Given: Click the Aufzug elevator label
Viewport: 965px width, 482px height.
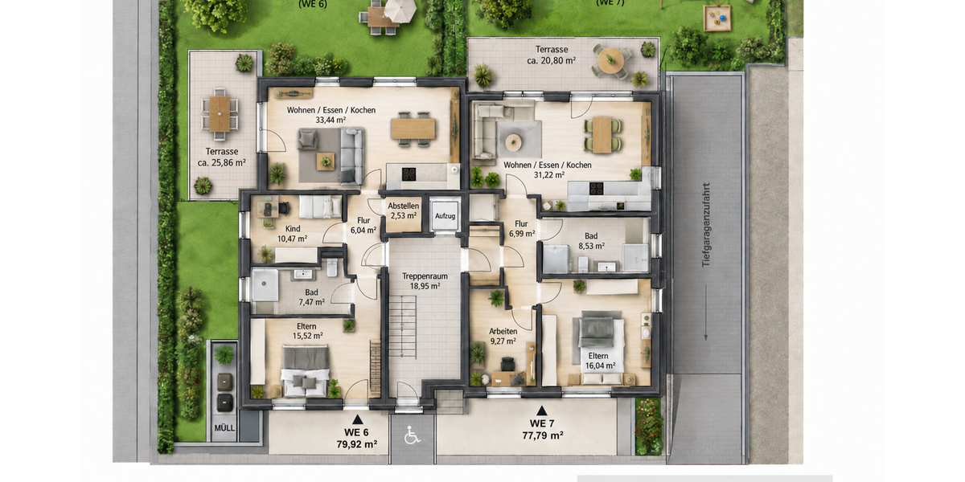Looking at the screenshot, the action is coord(445,216).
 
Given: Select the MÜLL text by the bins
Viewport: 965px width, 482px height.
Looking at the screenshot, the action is coord(224,427).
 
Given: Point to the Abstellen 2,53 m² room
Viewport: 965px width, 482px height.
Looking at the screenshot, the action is coord(403,210).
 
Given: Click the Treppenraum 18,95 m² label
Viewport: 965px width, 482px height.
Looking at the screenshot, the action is coord(425,281).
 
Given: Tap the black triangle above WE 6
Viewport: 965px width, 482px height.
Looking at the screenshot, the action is coord(357,419).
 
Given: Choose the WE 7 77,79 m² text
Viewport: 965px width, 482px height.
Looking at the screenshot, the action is coord(542,430).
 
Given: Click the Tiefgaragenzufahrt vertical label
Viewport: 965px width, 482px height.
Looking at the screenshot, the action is coord(706,225).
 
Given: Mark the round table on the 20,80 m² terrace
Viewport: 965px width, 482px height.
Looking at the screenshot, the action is coord(610,59).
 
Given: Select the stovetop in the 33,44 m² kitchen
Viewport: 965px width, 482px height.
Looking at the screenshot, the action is coord(409,174).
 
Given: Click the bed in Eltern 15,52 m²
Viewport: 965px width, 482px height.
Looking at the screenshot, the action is coord(306,370).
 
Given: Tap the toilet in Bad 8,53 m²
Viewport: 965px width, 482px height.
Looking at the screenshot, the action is coord(583,264).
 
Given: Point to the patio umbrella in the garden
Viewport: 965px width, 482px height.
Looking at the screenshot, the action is coord(400,10).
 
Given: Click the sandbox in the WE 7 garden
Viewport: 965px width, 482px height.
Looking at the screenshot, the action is coord(717,18).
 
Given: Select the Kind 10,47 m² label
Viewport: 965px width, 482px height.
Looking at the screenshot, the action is coord(293,233).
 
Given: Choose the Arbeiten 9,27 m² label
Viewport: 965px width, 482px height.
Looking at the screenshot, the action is coord(503,336).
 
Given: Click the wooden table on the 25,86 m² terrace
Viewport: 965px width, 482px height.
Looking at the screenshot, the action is coord(220,113).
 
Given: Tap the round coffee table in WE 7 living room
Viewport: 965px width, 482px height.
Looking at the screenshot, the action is coord(513,142).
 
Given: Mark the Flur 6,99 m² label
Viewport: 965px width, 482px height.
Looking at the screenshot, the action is coord(522,228).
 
